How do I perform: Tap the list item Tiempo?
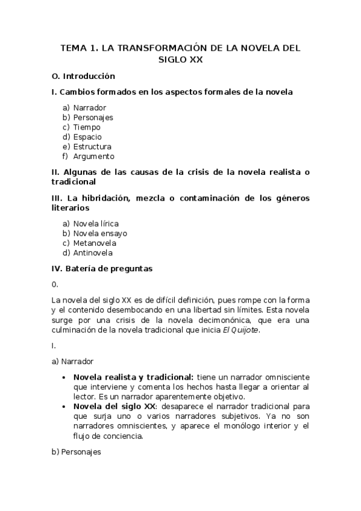[87, 127]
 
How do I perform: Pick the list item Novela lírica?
[96, 224]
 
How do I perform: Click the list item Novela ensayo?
[100, 233]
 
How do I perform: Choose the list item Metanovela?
[95, 243]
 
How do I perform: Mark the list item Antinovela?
[93, 252]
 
